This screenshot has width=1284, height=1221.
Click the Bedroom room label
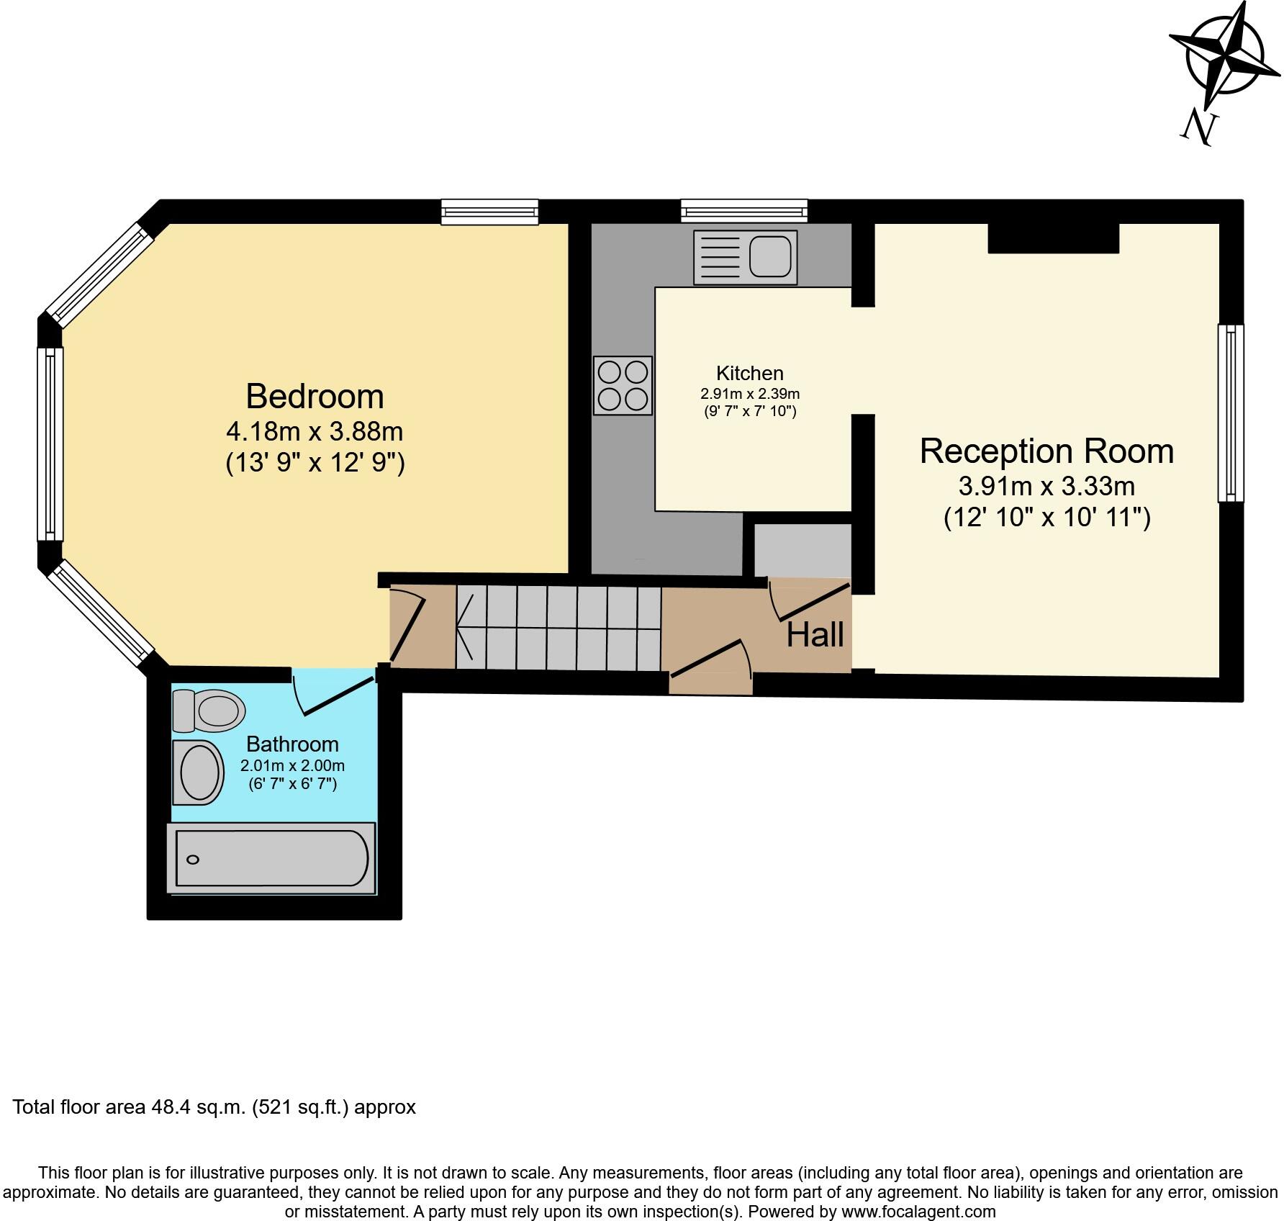coord(315,397)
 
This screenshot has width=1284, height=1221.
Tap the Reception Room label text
coord(1046,451)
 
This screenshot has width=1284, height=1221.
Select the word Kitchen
coord(749,373)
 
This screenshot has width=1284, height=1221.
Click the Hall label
coord(815,635)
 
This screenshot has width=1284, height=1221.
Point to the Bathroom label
coord(292,744)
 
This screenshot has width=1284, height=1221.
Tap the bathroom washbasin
coord(196,772)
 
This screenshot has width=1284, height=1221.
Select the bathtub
coord(271,858)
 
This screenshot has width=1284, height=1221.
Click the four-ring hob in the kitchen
coord(623,385)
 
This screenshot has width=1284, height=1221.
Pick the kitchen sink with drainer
coord(745,257)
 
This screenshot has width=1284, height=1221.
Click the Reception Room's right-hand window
coord(1230,413)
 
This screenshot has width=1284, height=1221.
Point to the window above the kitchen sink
coord(744,211)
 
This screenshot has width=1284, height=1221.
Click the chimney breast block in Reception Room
coord(1053,238)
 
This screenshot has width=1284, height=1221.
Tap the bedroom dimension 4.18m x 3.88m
coord(315,432)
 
